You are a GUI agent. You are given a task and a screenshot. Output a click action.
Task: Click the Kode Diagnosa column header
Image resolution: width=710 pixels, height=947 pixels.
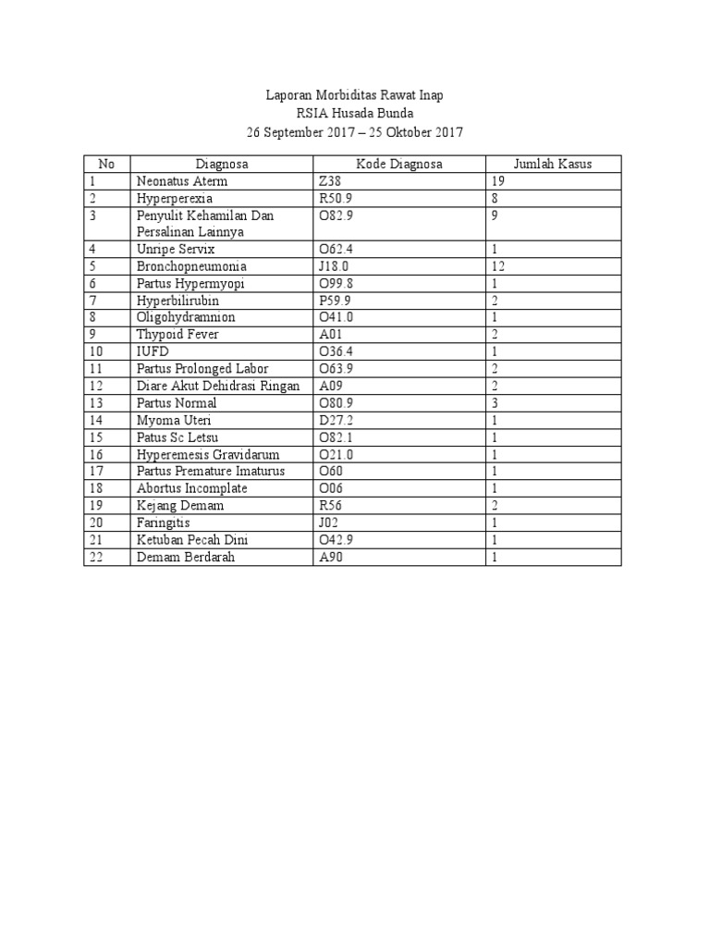click(x=400, y=165)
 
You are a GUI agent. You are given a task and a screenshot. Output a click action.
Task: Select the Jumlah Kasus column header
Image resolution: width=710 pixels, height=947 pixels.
click(x=554, y=165)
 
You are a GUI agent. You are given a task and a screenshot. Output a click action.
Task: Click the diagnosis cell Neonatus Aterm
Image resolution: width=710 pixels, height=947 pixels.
click(x=182, y=181)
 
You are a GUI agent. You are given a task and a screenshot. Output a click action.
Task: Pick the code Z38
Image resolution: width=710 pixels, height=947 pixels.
click(x=329, y=181)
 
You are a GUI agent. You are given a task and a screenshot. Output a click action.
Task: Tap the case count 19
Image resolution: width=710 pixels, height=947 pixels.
click(x=498, y=181)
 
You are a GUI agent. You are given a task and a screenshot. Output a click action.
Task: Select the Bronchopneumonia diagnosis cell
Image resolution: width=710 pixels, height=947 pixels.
click(x=191, y=266)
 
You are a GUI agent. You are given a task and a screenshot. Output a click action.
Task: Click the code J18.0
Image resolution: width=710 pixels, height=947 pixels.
click(x=334, y=266)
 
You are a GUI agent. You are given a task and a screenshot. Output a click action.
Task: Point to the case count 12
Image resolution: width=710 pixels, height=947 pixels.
click(x=498, y=266)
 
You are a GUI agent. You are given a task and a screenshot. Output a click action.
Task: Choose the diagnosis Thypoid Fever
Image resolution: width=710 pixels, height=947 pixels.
click(x=177, y=335)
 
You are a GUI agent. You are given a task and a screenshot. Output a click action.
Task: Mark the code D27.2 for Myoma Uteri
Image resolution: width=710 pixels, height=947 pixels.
click(x=335, y=421)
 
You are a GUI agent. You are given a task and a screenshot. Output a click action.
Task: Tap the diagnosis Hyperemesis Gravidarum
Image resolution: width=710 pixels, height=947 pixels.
click(x=207, y=455)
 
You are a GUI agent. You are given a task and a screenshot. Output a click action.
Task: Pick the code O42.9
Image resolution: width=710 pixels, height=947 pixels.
click(x=336, y=540)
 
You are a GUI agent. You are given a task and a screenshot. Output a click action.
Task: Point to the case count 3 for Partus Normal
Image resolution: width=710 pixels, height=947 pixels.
click(x=496, y=403)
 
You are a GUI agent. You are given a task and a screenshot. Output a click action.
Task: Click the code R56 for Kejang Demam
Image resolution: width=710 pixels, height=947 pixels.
click(x=329, y=506)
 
